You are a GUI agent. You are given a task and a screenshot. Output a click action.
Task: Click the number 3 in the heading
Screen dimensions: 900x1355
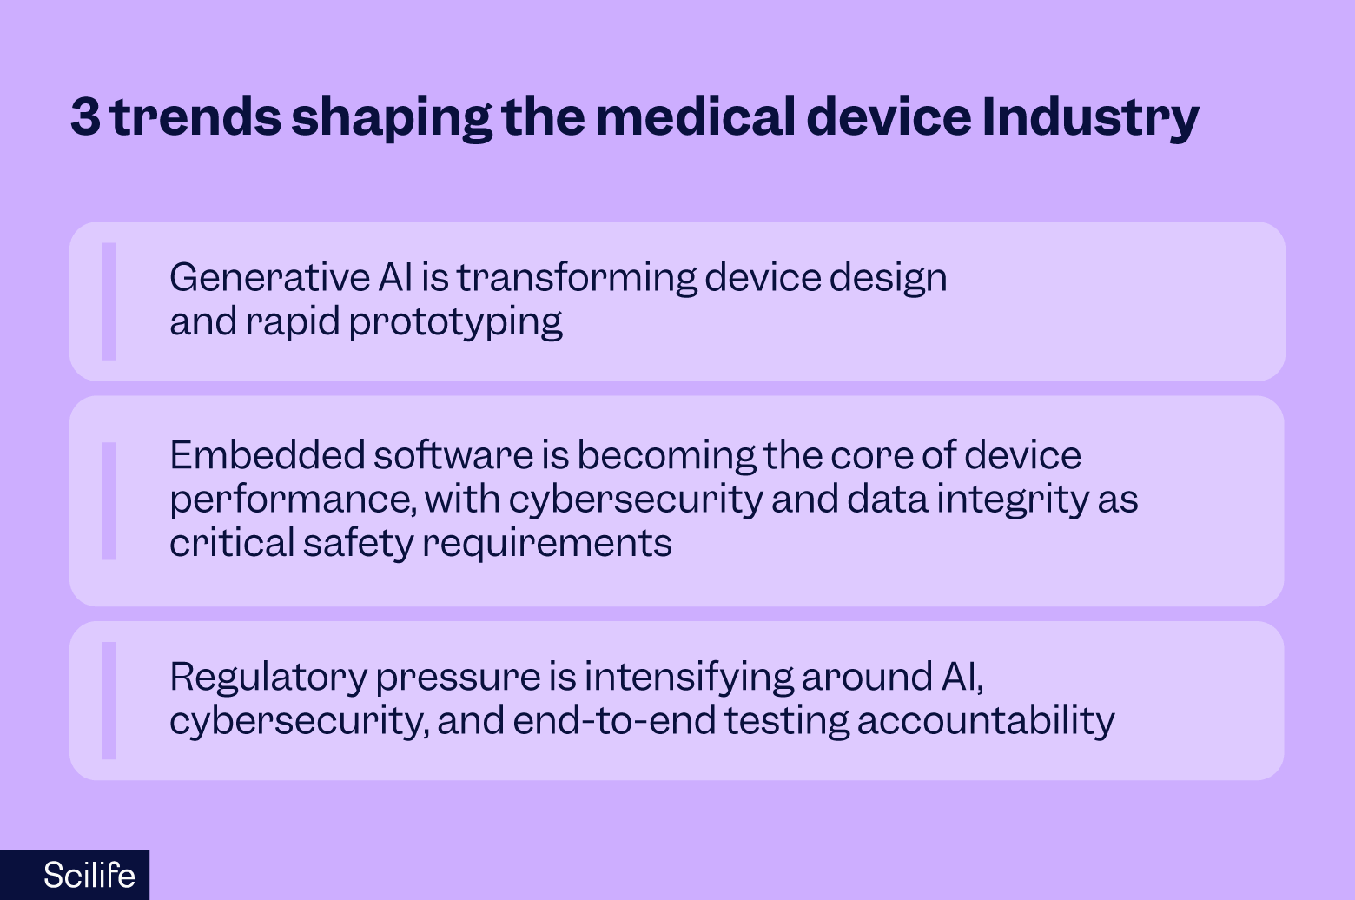point(85,116)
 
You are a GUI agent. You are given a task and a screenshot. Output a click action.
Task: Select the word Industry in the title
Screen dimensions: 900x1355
point(1090,116)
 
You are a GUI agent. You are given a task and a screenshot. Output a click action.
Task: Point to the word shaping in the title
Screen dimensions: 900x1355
point(391,118)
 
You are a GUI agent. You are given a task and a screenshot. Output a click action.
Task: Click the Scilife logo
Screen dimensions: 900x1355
point(89,875)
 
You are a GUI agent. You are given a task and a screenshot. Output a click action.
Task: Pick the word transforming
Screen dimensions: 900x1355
point(576,278)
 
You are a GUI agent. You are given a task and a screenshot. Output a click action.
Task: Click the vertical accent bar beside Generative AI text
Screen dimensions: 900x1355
point(109,301)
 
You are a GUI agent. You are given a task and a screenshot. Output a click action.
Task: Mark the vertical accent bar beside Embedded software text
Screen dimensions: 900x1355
point(109,501)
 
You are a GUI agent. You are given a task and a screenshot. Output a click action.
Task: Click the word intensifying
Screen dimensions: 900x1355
point(688,678)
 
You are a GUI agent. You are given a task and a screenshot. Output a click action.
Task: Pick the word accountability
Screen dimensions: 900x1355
point(985,721)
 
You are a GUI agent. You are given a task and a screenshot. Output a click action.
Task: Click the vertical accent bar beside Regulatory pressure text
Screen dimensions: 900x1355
point(109,701)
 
